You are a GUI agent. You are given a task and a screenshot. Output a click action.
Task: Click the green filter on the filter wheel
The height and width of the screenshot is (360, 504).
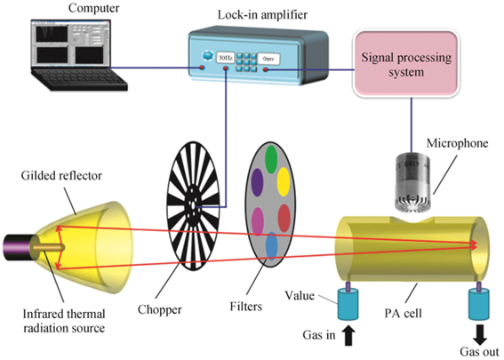click(x=272, y=159)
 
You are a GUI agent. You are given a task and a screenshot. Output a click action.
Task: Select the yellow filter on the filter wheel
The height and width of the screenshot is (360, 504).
click(x=284, y=182)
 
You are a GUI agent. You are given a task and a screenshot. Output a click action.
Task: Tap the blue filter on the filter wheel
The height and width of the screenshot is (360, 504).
click(x=272, y=246)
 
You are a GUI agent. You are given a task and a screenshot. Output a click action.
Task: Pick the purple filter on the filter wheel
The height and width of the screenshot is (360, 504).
click(x=257, y=182)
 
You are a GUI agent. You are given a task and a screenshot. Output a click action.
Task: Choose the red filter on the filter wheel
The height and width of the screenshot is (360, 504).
click(x=284, y=218)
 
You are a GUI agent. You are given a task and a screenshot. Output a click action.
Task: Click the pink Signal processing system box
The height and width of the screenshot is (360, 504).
click(x=406, y=63)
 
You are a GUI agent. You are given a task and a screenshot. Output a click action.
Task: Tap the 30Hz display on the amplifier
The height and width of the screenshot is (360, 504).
click(x=225, y=58)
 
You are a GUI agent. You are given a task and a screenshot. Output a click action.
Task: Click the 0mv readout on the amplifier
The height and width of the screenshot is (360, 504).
click(x=268, y=59)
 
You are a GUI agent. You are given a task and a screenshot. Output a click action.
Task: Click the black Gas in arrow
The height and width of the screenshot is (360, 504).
click(x=348, y=336)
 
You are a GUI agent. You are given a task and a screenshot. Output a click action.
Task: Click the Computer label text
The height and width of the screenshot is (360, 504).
click(x=93, y=8)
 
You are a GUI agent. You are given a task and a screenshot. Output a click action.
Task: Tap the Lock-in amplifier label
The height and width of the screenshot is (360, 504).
click(x=262, y=15)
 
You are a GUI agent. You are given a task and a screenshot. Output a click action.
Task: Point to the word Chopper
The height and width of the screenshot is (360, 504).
click(x=160, y=310)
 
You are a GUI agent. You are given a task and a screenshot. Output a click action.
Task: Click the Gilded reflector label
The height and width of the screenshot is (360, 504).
click(x=61, y=175)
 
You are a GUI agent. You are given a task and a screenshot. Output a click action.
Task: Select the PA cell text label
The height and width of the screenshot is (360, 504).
click(x=403, y=313)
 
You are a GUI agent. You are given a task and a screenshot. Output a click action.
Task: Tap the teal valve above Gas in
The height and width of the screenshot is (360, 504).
click(x=348, y=304)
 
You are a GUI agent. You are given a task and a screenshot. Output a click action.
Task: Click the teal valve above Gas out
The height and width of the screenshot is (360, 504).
click(x=479, y=304)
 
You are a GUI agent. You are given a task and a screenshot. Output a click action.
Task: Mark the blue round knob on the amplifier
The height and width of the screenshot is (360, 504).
click(x=208, y=56)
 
